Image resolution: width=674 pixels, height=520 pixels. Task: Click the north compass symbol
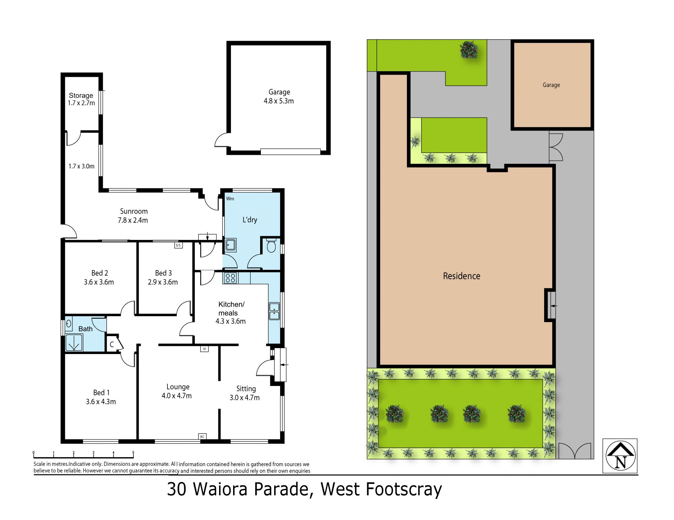(x=620, y=456)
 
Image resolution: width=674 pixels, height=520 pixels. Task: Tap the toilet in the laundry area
(x=271, y=246)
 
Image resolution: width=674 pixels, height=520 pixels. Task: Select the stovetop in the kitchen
(x=230, y=278)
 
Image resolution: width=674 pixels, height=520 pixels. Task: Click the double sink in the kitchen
(x=274, y=311)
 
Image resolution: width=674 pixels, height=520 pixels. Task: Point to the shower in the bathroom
(x=74, y=343)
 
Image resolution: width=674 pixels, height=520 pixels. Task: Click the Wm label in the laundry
(x=230, y=199)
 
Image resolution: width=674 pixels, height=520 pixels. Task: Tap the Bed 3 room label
(x=164, y=273)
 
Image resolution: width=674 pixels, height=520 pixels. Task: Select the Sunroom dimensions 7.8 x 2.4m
(x=133, y=220)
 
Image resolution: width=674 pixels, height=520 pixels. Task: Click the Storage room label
(x=81, y=95)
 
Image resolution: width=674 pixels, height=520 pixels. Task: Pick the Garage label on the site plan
(x=551, y=85)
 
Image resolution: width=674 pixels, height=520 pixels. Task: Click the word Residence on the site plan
(x=462, y=276)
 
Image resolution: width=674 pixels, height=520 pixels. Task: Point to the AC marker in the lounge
(x=202, y=436)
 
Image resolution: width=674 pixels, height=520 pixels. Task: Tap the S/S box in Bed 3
(x=178, y=245)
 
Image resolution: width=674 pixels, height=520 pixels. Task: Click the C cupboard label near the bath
(x=112, y=345)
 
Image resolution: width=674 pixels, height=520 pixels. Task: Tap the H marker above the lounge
(x=204, y=349)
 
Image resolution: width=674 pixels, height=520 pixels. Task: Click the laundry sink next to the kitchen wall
(x=230, y=245)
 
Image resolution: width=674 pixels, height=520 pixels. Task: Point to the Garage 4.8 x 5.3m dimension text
(x=279, y=101)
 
